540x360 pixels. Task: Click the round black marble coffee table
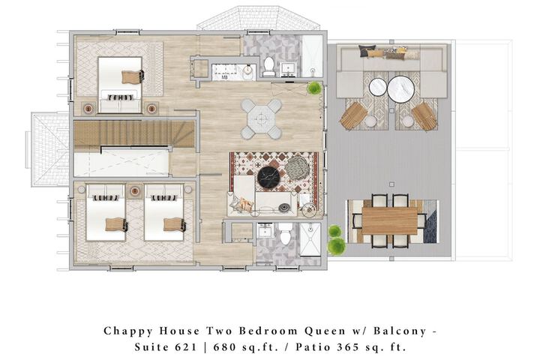pyautogui.click(x=268, y=178)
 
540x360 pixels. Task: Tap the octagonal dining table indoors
pyautogui.click(x=261, y=118)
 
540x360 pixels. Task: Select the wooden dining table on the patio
pyautogui.click(x=389, y=220)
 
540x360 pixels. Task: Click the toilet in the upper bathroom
pyautogui.click(x=268, y=67)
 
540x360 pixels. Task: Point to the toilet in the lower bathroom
pyautogui.click(x=285, y=233)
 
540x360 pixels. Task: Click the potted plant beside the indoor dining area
pyautogui.click(x=314, y=88)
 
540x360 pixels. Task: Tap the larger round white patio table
pyautogui.click(x=400, y=89)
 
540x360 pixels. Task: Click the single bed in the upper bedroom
pyautogui.click(x=120, y=85)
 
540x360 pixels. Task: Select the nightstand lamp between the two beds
pyautogui.click(x=135, y=190)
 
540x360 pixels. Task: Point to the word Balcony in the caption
pyautogui.click(x=400, y=331)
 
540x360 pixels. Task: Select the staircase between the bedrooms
pyautogui.click(x=134, y=133)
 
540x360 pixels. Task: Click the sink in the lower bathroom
pyautogui.click(x=265, y=229)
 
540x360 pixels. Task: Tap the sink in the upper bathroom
pyautogui.click(x=287, y=69)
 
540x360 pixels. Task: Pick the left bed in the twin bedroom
pyautogui.click(x=106, y=212)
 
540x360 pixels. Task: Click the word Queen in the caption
pyautogui.click(x=325, y=331)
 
